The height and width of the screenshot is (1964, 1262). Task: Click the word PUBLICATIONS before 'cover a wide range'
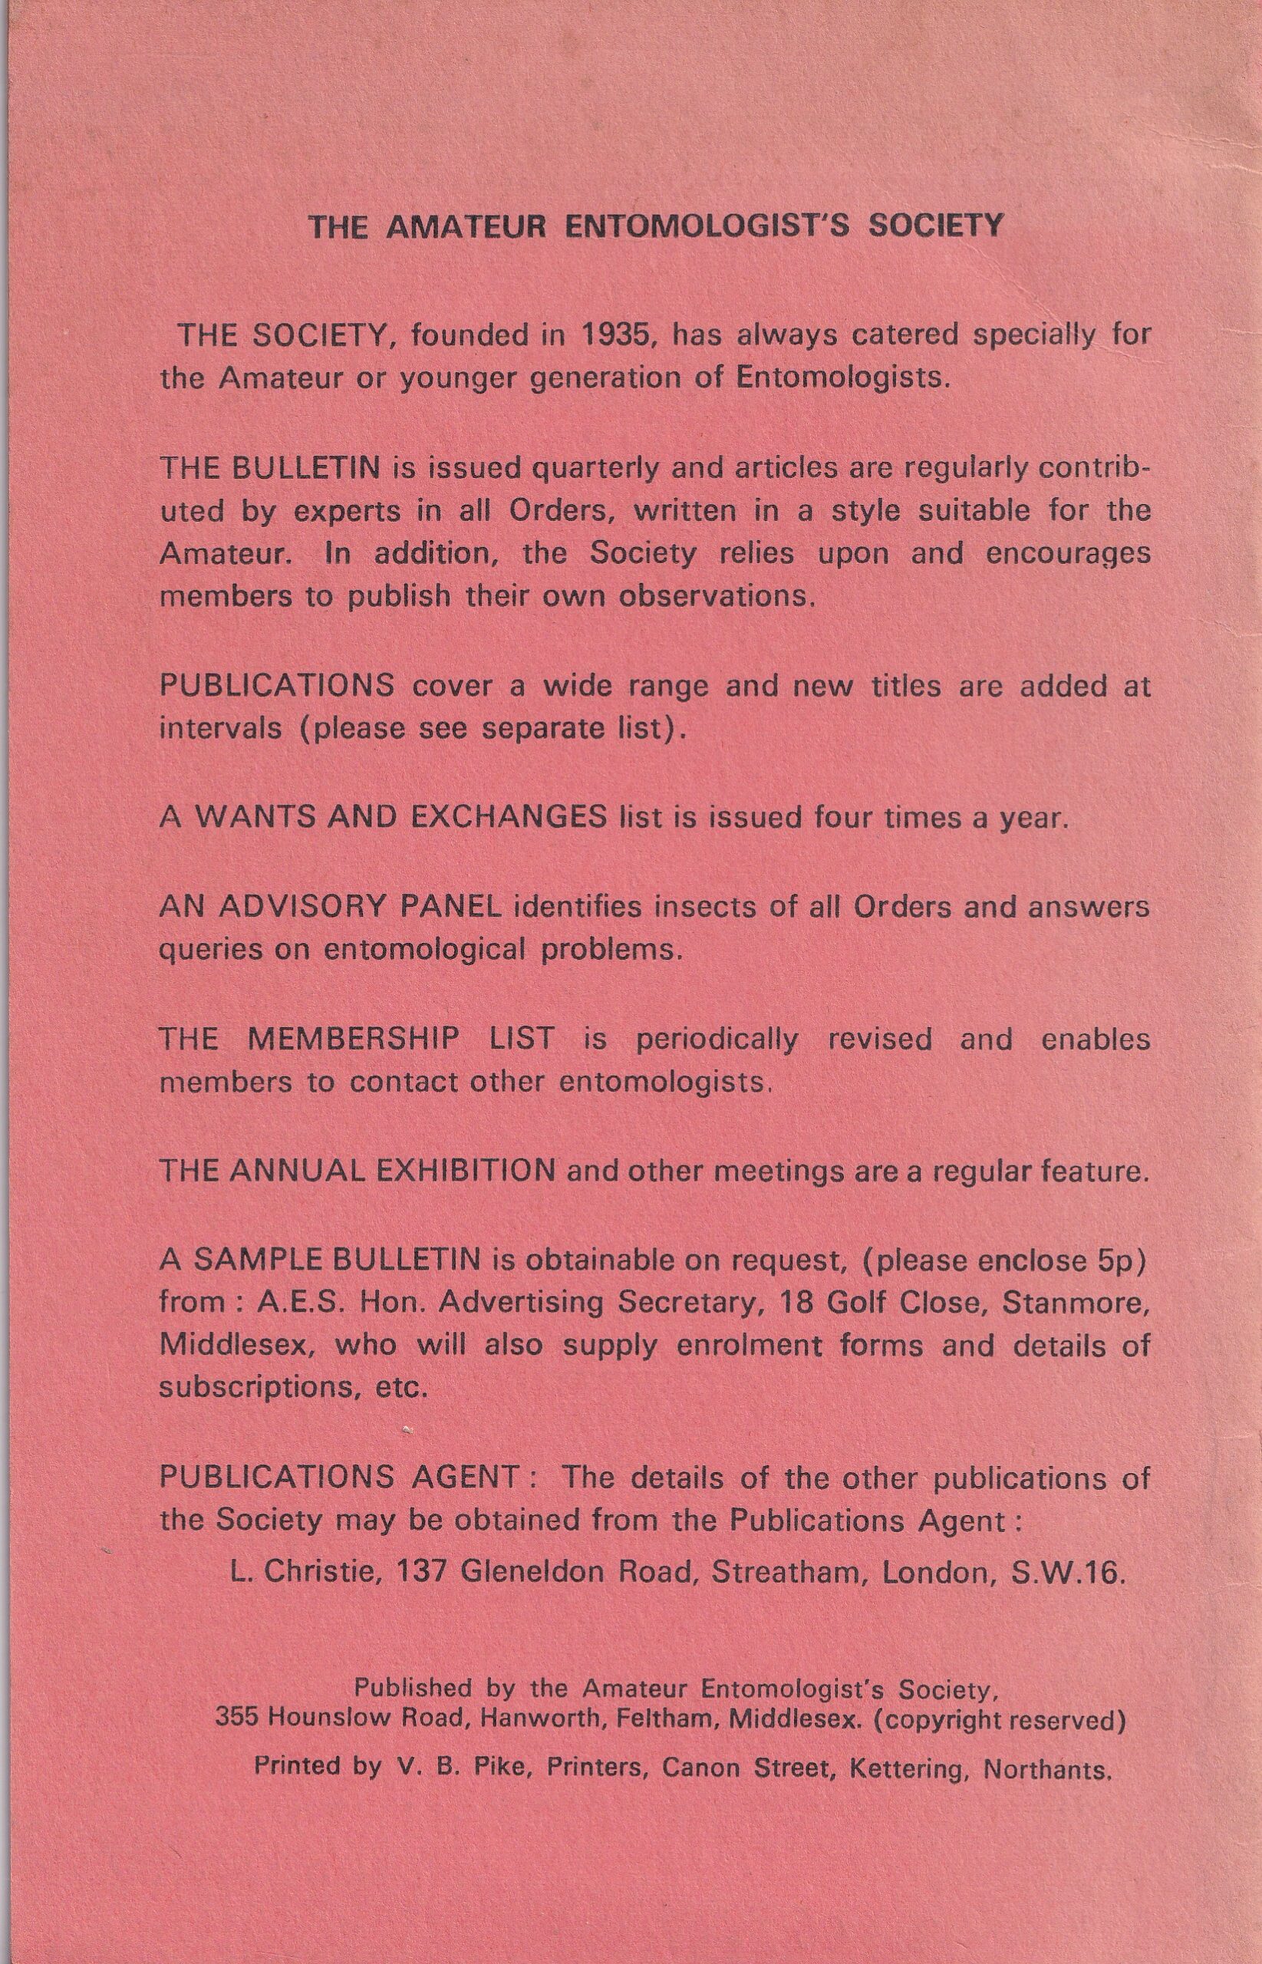pyautogui.click(x=277, y=687)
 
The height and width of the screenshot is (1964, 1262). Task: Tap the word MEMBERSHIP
pyautogui.click(x=353, y=1039)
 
